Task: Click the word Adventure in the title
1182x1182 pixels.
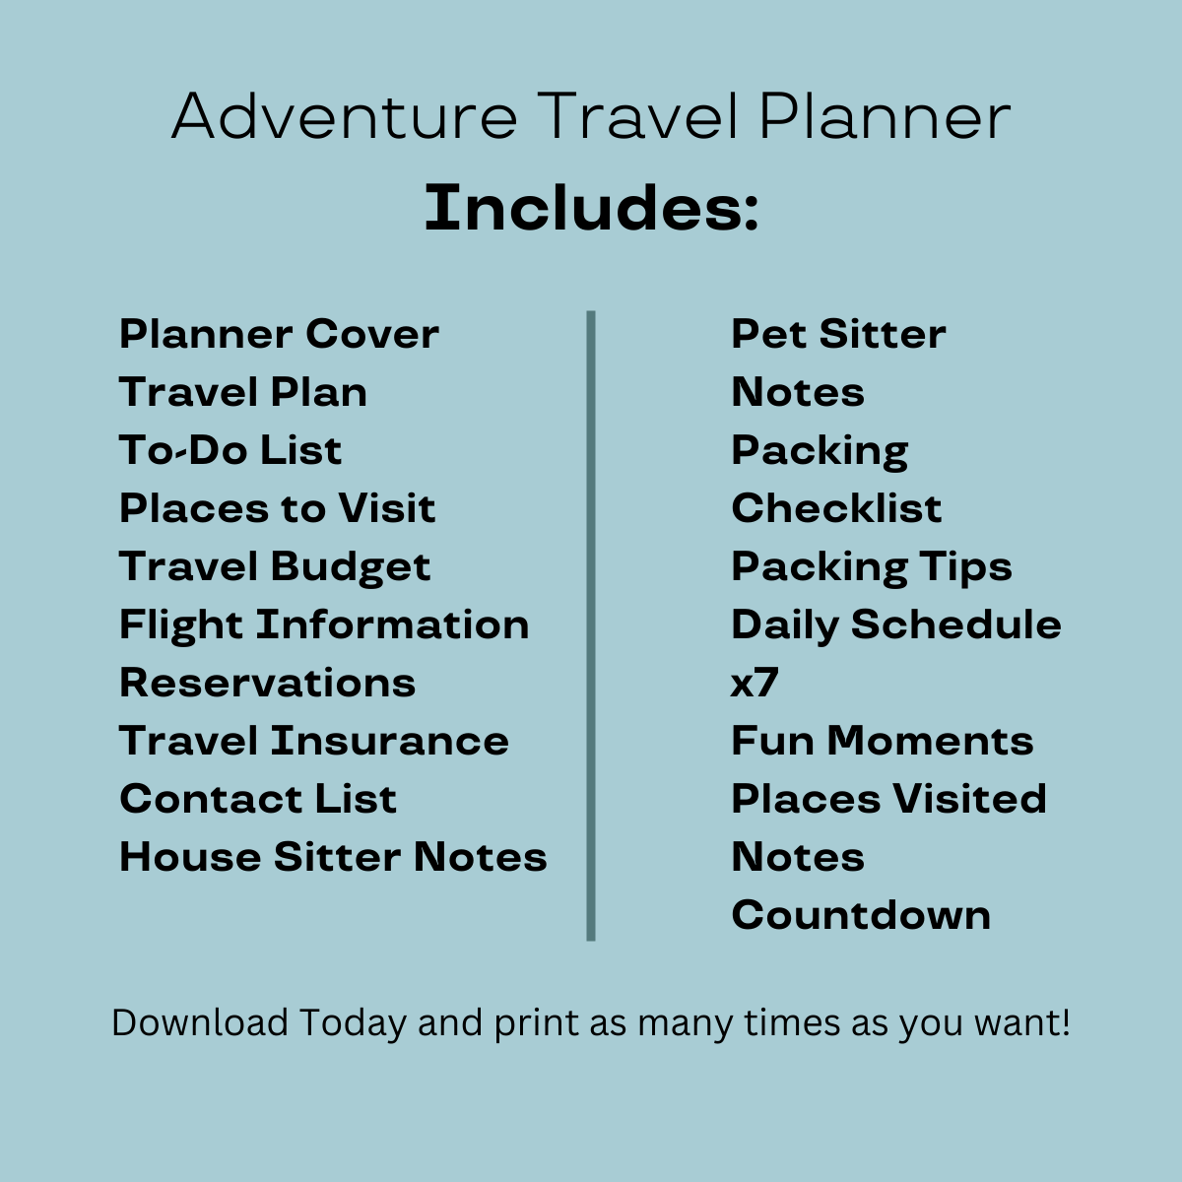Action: click(345, 116)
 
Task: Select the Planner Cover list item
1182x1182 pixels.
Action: click(279, 334)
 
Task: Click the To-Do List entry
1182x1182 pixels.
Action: click(230, 449)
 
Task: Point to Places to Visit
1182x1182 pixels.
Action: click(277, 508)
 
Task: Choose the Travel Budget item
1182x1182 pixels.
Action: click(275, 567)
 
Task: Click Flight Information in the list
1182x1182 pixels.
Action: click(324, 625)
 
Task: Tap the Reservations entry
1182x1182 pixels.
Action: click(268, 682)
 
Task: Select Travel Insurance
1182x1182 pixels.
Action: click(314, 741)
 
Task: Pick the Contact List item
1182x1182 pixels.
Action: click(258, 799)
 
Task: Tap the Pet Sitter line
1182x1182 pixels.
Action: click(838, 334)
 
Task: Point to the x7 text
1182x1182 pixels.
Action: click(755, 683)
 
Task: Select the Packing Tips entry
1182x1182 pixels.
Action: click(872, 567)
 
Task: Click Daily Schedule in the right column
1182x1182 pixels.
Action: click(896, 625)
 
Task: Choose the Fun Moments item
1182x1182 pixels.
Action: click(883, 741)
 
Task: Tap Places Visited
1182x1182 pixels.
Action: click(888, 799)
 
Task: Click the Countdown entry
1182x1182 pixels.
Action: click(861, 914)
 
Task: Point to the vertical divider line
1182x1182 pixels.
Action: click(591, 625)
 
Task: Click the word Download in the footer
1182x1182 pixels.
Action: click(200, 1022)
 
